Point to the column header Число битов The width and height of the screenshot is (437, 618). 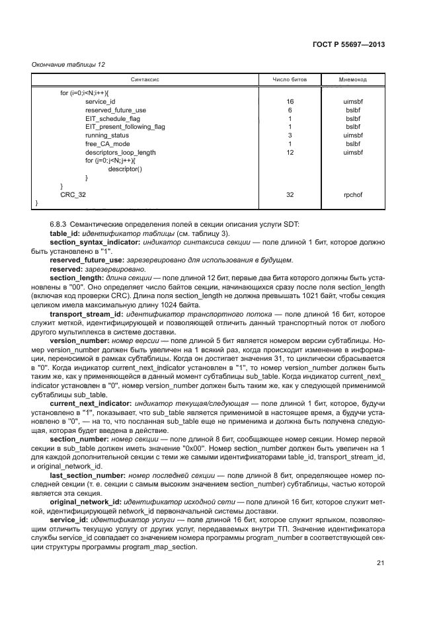point(290,79)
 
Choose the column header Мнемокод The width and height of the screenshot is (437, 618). point(353,79)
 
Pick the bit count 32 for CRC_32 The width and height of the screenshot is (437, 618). point(290,195)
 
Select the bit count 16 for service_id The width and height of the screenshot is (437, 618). point(290,101)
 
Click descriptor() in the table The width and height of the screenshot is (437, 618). point(125,169)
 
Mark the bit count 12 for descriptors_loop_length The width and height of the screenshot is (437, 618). point(290,152)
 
